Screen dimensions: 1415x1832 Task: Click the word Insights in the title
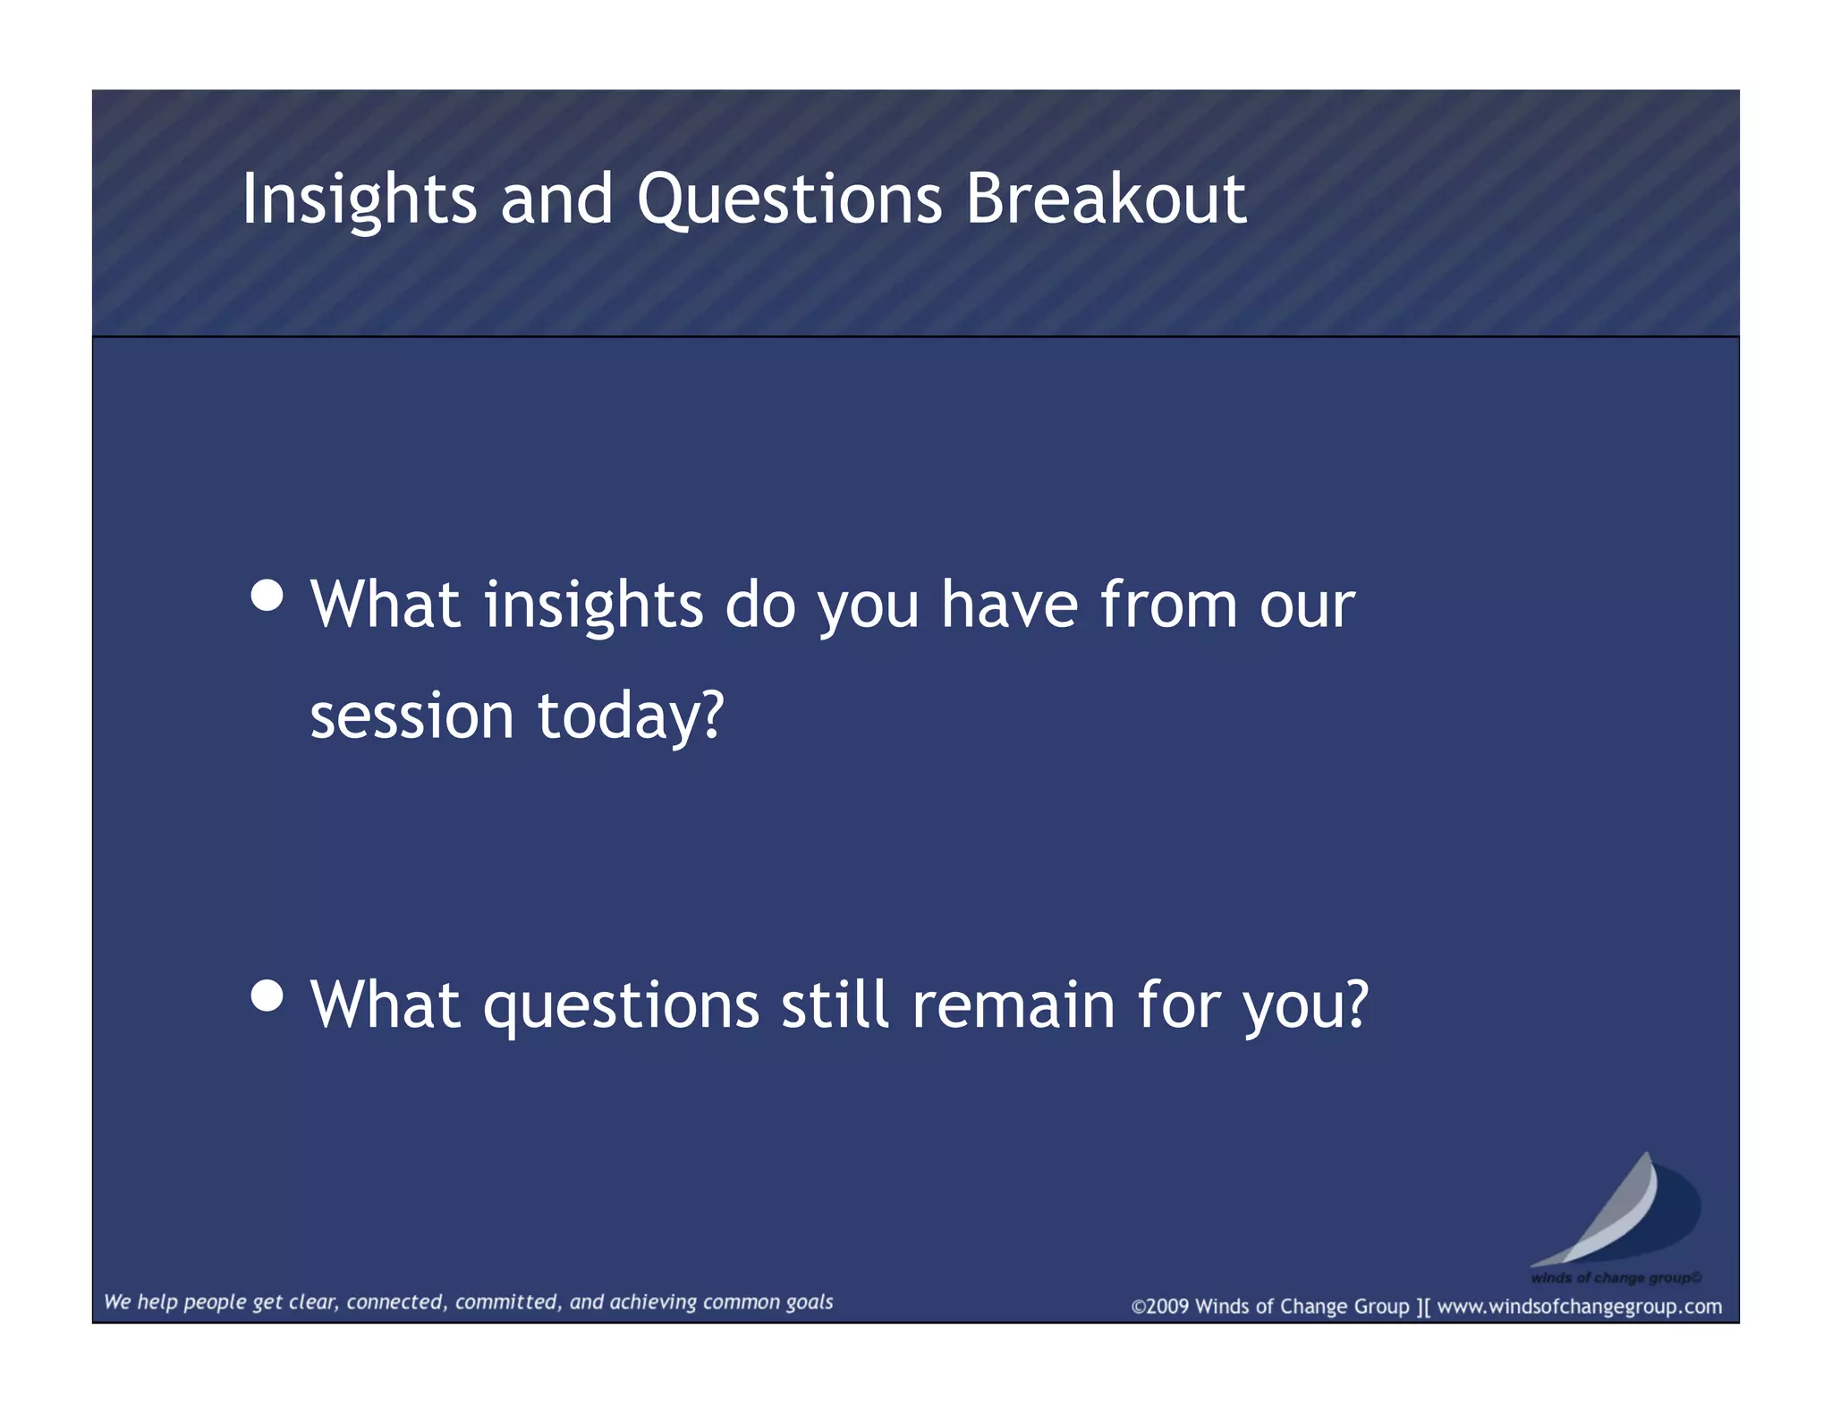359,199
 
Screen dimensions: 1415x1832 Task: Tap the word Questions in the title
789,199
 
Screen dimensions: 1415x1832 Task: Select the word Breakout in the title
1105,199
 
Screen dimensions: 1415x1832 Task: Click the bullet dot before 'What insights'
267,596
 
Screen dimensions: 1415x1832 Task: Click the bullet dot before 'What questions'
267,995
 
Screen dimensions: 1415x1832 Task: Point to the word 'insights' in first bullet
593,606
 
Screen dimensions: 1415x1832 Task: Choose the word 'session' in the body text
411,716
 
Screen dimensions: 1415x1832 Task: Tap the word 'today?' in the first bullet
630,716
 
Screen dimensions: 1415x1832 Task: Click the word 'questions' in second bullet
621,1005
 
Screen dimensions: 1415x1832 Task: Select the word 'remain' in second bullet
1013,1005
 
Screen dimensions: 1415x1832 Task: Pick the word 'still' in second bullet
835,1005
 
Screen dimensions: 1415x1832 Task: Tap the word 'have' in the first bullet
1009,606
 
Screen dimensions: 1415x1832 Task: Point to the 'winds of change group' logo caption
1616,1277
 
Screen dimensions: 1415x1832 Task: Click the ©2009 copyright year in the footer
1160,1306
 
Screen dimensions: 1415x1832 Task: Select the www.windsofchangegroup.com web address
1579,1306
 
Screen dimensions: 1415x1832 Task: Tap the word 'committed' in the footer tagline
508,1302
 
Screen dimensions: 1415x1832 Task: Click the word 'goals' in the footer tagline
809,1302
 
